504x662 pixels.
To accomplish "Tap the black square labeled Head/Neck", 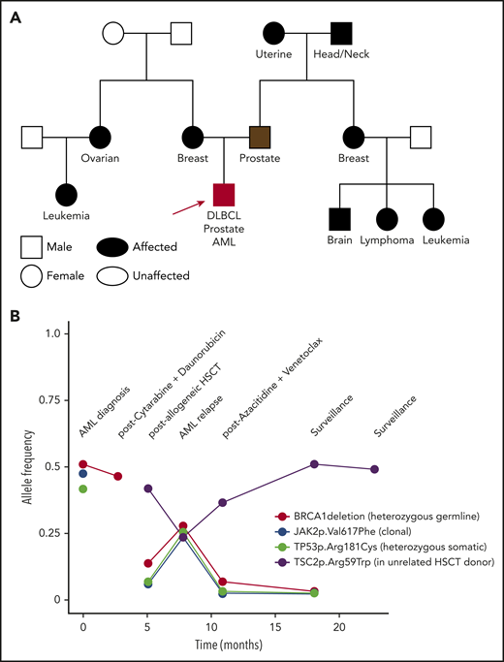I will pyautogui.click(x=340, y=34).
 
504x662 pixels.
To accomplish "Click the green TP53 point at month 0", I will pyautogui.click(x=83, y=489).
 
